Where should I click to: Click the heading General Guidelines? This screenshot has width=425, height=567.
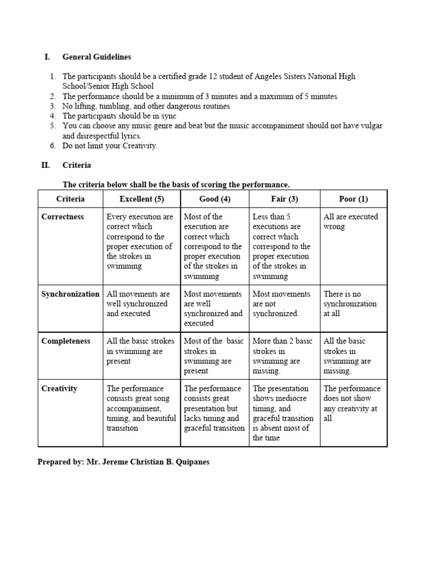96,56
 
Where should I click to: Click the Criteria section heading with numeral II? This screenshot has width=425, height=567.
77,165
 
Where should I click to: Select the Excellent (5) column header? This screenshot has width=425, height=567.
142,199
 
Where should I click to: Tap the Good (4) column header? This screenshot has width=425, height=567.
215,199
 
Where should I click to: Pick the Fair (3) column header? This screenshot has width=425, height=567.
284,199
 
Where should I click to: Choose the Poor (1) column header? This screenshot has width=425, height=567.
353,199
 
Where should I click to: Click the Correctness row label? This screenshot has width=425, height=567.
63,217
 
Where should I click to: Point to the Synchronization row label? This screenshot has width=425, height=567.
70,294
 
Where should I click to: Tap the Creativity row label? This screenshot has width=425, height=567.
60,389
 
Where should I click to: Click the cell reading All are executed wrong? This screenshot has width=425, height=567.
350,221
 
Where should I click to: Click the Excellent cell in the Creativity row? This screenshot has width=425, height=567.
141,408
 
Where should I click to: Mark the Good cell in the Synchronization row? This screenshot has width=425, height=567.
213,308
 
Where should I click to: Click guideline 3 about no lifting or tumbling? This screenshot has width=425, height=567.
146,106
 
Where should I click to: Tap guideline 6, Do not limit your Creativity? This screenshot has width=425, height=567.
110,146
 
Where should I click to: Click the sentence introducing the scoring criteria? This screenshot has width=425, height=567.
176,184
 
